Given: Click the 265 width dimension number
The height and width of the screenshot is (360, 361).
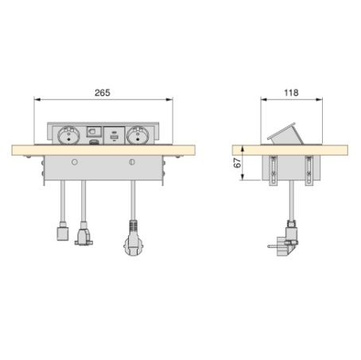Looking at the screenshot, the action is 103,93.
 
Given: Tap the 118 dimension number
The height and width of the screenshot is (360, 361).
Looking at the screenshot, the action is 291,93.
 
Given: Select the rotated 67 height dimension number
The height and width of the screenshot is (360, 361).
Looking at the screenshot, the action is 238,163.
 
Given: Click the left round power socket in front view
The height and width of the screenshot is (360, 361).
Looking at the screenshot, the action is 68,135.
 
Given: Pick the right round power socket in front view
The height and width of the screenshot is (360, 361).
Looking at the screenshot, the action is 137,135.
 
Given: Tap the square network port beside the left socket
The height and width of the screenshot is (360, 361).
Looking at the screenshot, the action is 94,132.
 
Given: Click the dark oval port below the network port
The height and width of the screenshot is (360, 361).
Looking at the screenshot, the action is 94,142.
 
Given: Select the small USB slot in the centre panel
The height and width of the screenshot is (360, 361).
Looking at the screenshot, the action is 114,137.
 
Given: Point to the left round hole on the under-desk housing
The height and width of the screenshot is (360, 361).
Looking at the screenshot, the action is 75,162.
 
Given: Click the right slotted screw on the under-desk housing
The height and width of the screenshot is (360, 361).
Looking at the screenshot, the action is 132,162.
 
